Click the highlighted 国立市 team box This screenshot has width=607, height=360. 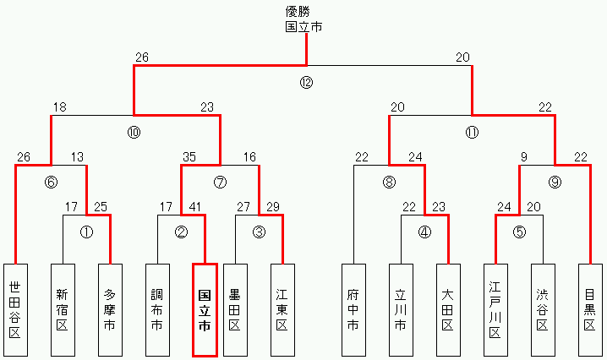(205, 309)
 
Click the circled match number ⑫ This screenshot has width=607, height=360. (305, 83)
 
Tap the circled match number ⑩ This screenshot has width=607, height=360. (134, 133)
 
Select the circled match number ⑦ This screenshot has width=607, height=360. (221, 182)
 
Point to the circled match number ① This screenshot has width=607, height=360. (86, 232)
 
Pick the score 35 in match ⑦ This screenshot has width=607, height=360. (189, 157)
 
